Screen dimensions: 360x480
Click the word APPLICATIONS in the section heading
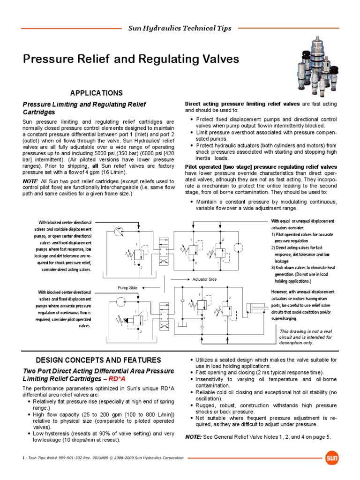pos(96,93)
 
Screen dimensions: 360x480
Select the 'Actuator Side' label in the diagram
pos(205,279)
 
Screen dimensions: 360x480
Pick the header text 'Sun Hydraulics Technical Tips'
pos(180,29)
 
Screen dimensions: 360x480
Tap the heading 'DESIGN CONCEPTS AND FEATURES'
pos(92,360)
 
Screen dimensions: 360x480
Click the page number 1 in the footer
pos(23,457)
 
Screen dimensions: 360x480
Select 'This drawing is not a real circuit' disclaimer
pos(306,337)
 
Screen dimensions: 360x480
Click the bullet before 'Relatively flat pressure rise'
pos(30,402)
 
